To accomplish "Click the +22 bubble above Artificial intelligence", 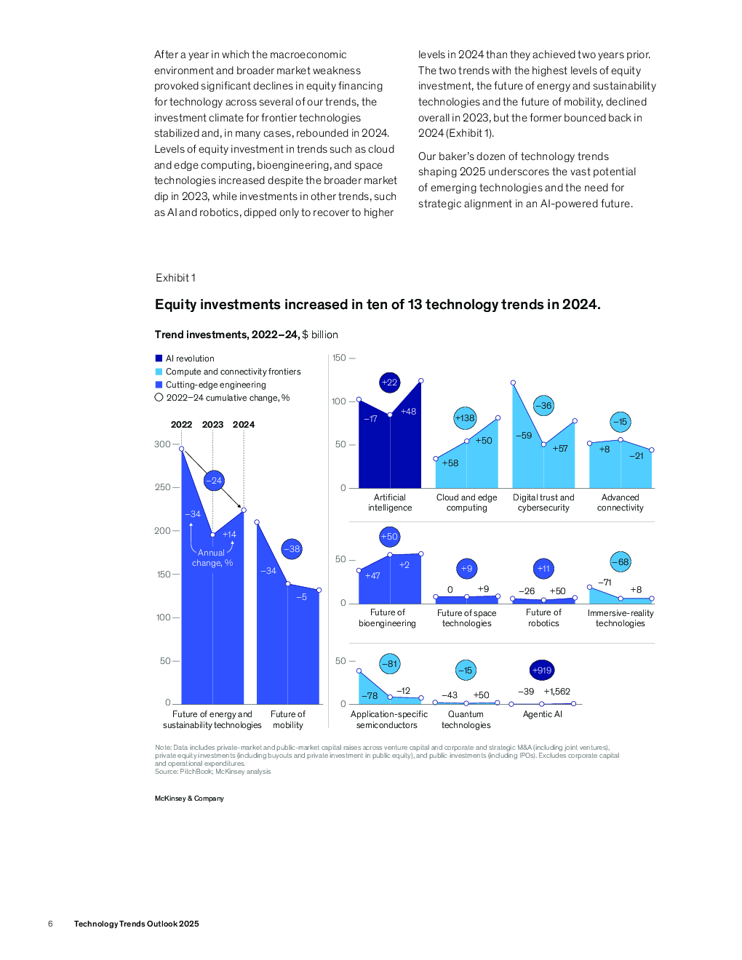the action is tap(389, 382).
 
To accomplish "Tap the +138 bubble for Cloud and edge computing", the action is tap(465, 418).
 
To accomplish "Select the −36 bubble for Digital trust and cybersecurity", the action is tap(543, 406).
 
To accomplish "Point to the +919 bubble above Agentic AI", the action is tap(542, 671).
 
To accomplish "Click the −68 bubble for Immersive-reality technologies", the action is tap(620, 562).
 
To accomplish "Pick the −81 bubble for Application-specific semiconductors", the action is tap(389, 663).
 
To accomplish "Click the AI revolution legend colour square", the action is tap(159, 359).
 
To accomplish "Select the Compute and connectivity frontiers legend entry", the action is tap(228, 372).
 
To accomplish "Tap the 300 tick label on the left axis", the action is tap(162, 444).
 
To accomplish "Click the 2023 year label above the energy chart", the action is tap(212, 425).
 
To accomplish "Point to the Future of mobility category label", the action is tap(287, 720).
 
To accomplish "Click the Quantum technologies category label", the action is tap(466, 720).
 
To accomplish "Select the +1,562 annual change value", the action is tap(556, 692).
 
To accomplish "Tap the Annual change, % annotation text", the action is tap(212, 558).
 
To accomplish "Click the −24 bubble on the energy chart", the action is tap(214, 481).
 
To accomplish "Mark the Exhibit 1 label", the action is tap(175, 277).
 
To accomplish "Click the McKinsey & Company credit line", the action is tap(189, 799).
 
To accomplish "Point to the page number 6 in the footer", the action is tap(50, 924).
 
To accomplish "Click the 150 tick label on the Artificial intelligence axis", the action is tap(339, 357).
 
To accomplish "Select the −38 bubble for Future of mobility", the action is tap(292, 549).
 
